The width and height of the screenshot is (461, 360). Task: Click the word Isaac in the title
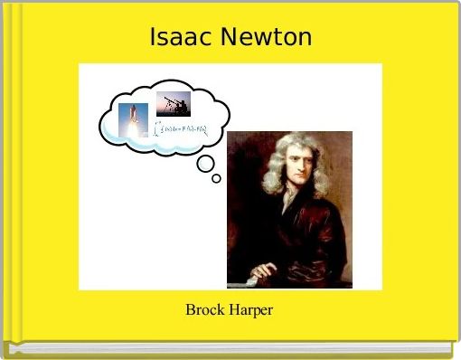tap(176, 38)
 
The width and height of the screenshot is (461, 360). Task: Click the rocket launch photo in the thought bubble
tap(133, 118)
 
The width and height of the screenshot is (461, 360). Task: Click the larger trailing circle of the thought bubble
tap(205, 164)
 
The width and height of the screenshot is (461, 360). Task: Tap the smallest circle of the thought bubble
tap(216, 178)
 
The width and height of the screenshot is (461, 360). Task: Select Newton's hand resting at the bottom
tap(262, 269)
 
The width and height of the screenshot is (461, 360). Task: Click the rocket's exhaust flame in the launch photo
tap(132, 129)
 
